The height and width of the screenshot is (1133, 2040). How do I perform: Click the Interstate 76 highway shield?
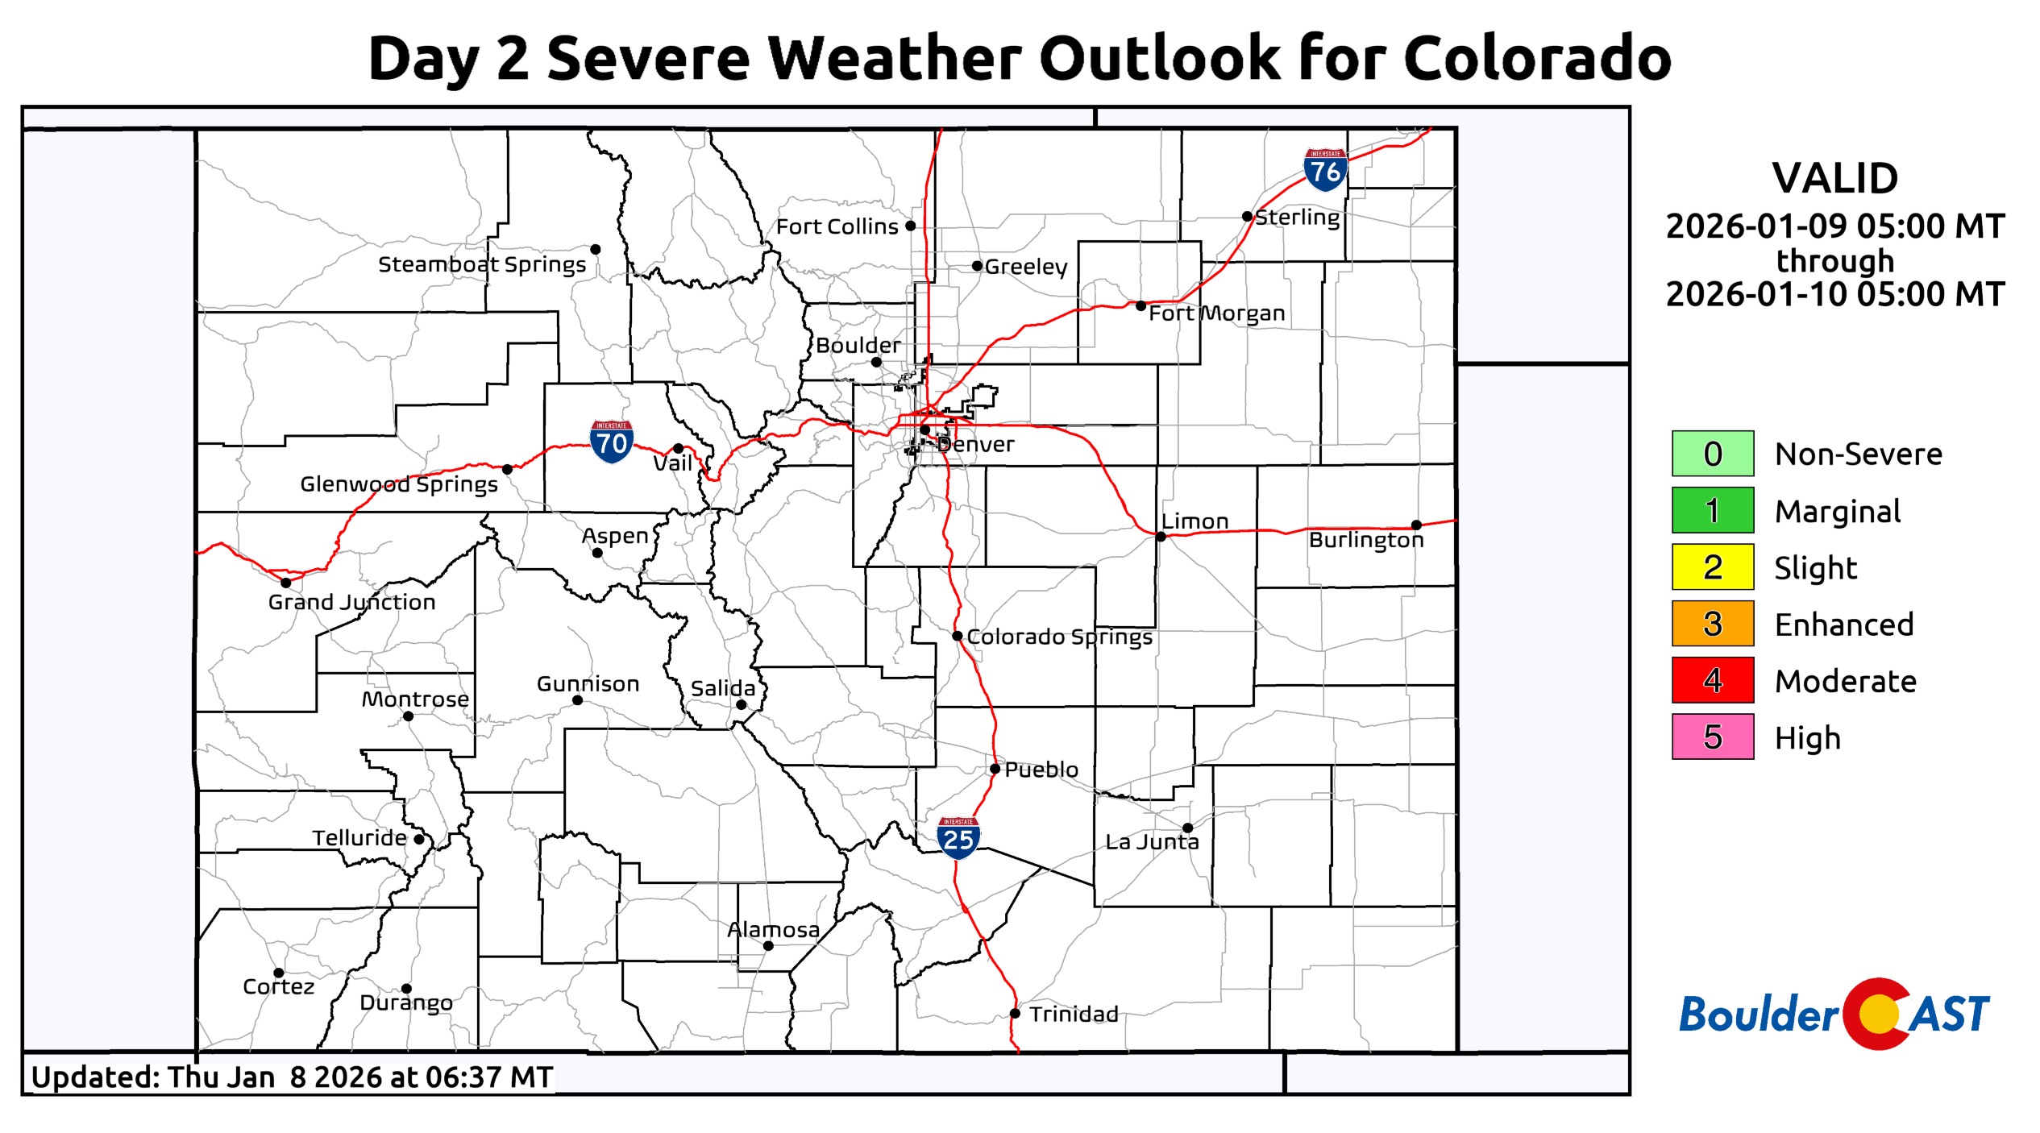(x=1325, y=170)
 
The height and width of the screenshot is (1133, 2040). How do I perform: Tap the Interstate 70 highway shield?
(x=611, y=442)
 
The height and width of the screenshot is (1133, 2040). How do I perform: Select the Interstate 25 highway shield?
(x=958, y=838)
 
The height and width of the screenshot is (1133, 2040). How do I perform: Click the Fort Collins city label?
(x=837, y=226)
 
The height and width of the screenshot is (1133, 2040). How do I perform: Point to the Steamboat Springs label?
(x=482, y=264)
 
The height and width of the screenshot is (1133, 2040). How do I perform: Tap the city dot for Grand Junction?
(x=285, y=583)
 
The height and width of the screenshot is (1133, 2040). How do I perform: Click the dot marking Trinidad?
(x=1015, y=1014)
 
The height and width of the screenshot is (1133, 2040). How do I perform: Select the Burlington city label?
(x=1366, y=540)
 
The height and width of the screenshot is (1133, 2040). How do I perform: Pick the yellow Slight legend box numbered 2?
(x=1712, y=567)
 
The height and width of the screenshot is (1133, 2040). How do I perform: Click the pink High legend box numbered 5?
(x=1712, y=737)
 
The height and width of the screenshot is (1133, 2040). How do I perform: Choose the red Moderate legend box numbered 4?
(x=1712, y=680)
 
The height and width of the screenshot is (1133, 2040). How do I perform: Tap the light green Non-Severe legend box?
(x=1712, y=454)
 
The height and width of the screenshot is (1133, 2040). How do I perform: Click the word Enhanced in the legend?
(x=1843, y=625)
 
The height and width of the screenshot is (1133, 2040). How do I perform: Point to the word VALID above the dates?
(x=1834, y=178)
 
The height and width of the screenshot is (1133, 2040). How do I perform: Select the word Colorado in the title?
(x=1537, y=58)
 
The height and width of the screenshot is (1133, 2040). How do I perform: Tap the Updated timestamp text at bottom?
(x=292, y=1077)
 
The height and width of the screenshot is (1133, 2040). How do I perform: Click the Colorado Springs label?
(x=1059, y=637)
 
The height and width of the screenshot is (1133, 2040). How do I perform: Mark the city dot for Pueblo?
(x=995, y=769)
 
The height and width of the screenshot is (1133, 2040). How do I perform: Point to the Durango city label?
(x=406, y=1003)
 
